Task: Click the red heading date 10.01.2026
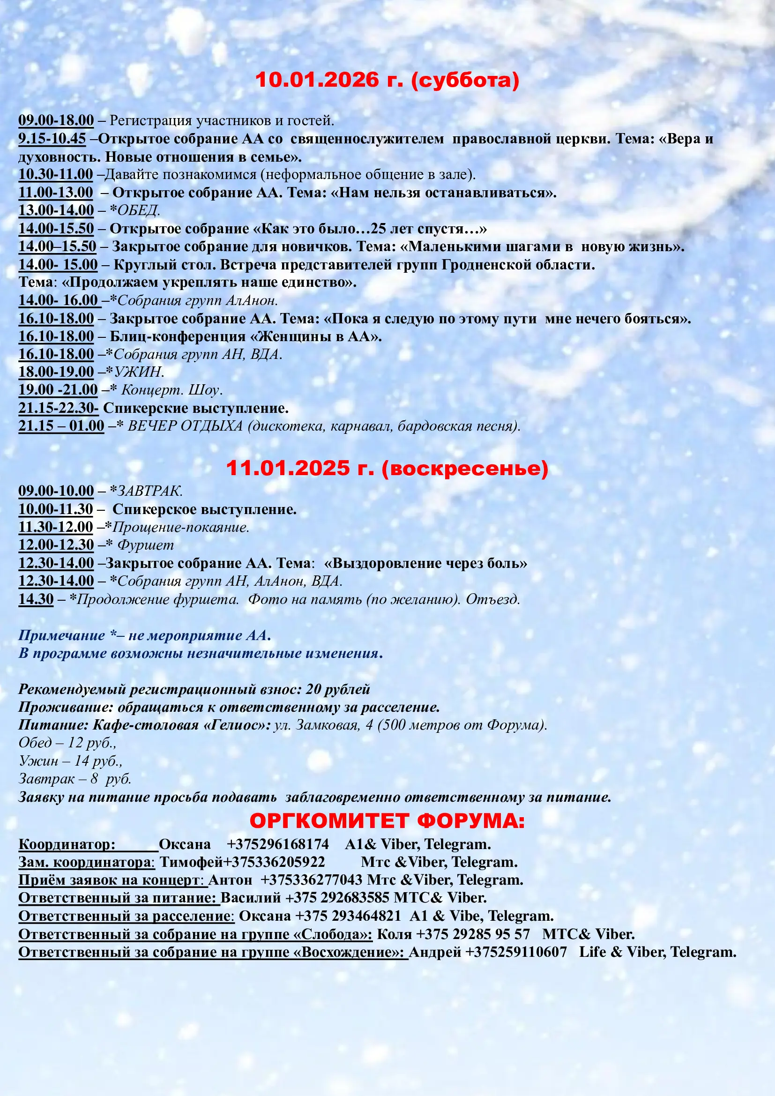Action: [316, 80]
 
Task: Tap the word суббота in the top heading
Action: [466, 80]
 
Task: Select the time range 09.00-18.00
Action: [56, 120]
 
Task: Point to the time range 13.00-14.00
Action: [56, 210]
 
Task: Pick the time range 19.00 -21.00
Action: [58, 390]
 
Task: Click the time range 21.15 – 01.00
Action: [61, 426]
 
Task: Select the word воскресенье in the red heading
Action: [465, 468]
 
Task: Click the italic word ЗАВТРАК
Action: [149, 491]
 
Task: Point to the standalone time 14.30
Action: [36, 599]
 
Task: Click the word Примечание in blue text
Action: [61, 635]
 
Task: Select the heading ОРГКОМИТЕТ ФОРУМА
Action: [387, 820]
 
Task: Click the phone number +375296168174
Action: [278, 844]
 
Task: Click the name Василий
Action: [251, 898]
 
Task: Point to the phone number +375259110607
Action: [516, 952]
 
